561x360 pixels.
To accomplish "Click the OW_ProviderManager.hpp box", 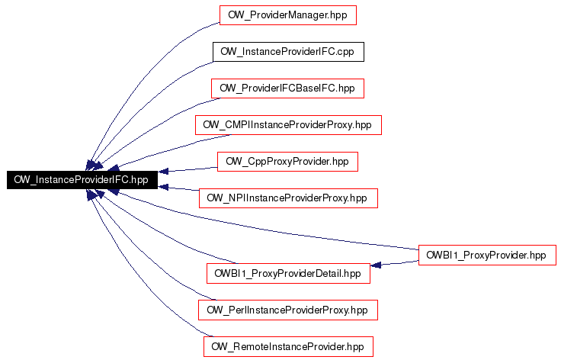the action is point(288,15).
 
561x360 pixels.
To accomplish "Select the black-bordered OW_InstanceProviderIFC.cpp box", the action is point(288,52).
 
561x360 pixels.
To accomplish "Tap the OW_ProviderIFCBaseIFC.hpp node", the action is point(287,88).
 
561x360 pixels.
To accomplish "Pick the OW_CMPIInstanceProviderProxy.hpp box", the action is point(288,125).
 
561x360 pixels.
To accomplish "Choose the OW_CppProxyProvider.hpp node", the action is point(287,162).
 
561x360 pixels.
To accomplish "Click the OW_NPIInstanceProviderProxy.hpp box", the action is point(288,198).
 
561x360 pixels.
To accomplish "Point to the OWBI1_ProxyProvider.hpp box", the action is point(487,256).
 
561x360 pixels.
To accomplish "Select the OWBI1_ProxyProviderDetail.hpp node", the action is point(288,273).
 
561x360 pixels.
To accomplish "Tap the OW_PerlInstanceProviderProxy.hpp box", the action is point(288,310).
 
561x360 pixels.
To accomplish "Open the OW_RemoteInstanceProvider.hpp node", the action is point(288,346).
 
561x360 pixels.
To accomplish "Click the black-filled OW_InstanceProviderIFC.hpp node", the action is point(82,180).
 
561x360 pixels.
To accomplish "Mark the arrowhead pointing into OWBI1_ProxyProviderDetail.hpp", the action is point(376,265).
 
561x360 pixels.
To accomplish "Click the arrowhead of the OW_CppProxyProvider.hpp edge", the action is point(163,172).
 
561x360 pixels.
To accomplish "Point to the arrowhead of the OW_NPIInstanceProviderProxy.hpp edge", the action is point(163,187).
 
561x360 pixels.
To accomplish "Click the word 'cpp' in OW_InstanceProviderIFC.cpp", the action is point(345,53).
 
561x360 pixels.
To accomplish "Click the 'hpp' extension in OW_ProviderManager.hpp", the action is point(338,16).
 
